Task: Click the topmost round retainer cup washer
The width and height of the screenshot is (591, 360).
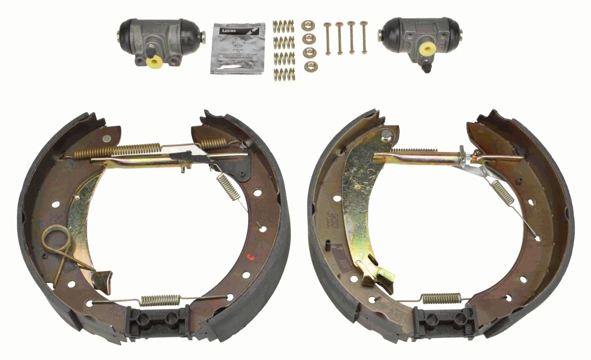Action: [307, 25]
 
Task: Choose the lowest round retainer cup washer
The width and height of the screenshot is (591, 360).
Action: [309, 66]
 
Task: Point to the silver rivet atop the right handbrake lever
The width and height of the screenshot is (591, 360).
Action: [386, 135]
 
